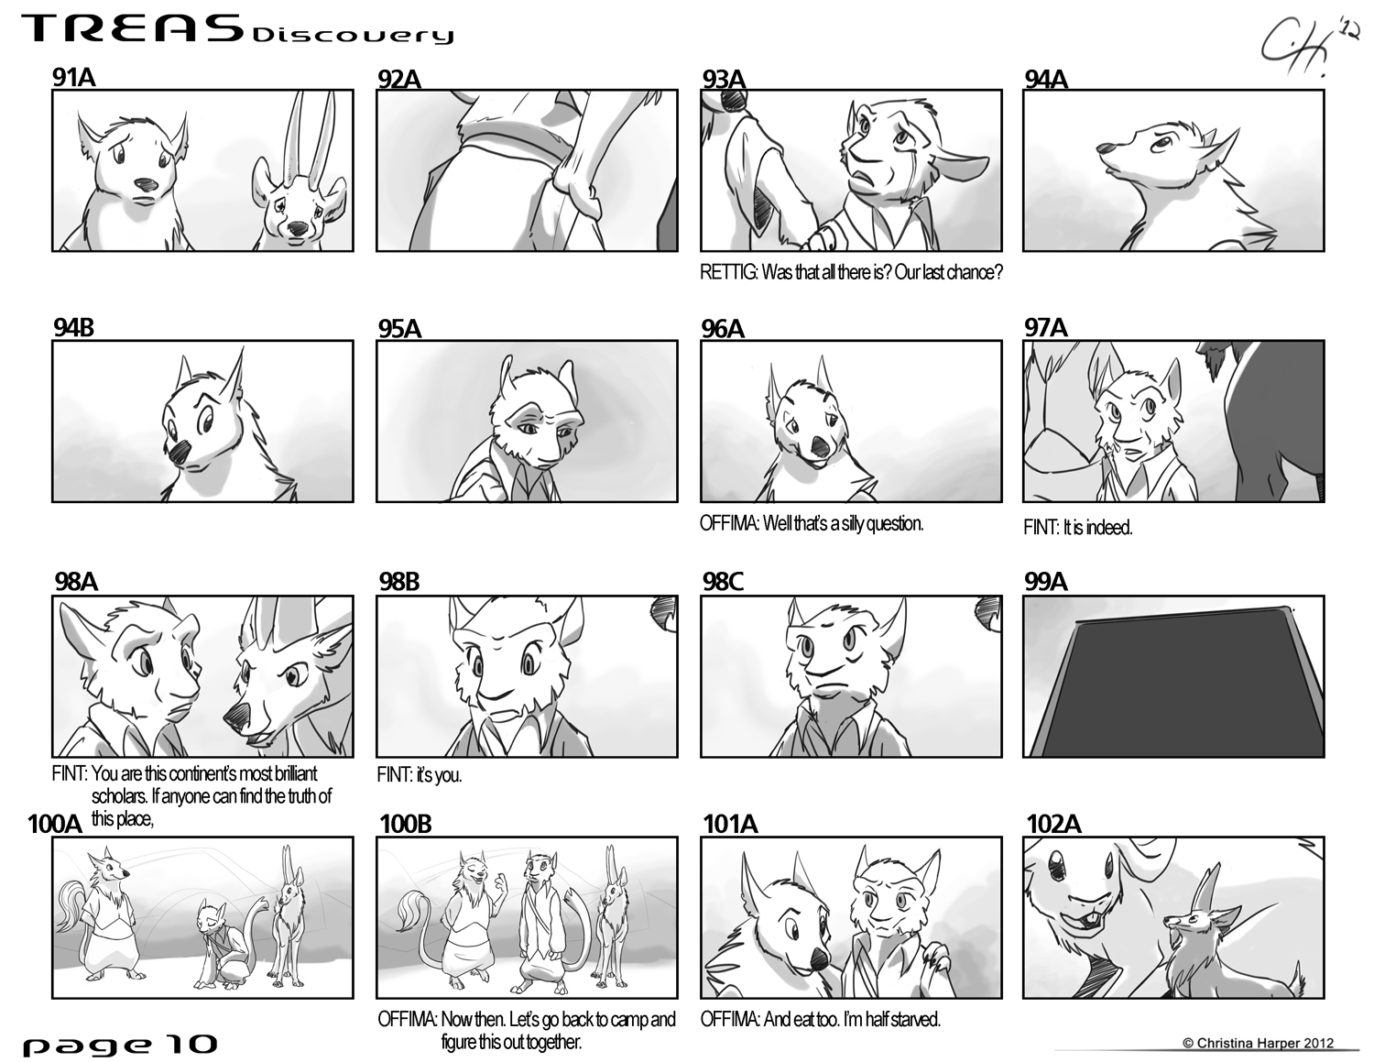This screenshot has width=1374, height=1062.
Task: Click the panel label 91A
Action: (74, 77)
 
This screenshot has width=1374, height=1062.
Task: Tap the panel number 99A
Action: (1046, 581)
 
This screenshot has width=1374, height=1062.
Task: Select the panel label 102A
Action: (1054, 824)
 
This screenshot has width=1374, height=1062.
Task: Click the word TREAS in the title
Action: (133, 29)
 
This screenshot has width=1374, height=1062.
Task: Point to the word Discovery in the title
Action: (353, 35)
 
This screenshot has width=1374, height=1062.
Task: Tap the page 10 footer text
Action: (120, 1045)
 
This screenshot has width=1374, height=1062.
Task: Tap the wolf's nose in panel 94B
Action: (180, 453)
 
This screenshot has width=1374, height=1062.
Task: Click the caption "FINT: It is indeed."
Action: (1077, 528)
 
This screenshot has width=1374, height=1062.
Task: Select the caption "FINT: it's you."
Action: (420, 775)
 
